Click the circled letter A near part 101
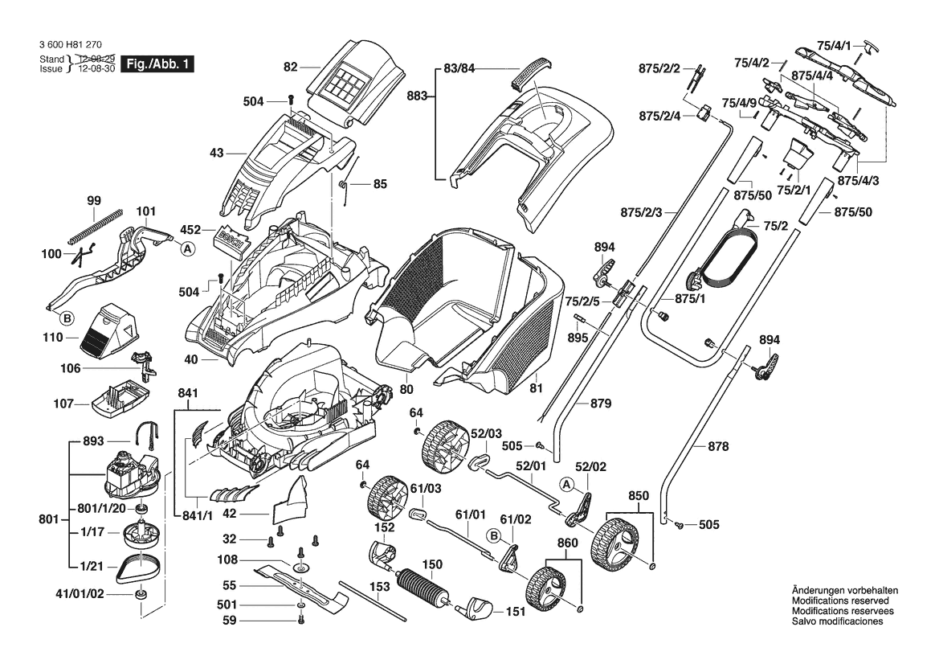point(188,250)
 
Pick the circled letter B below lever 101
point(68,319)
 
